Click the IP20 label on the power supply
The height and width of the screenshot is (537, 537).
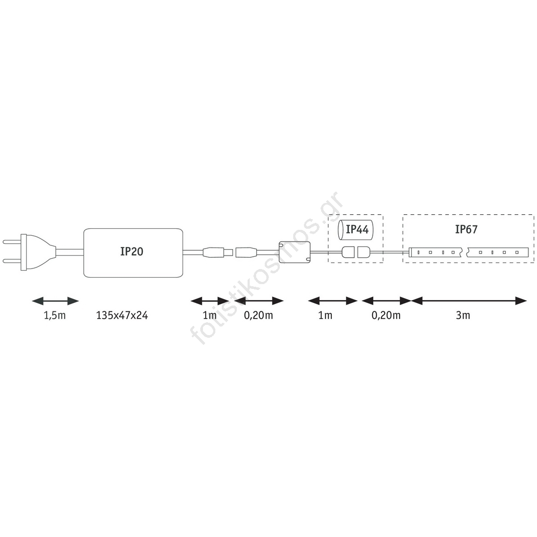coord(132,251)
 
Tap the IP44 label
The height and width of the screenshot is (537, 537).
coord(357,229)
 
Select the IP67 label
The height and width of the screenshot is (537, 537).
coord(466,229)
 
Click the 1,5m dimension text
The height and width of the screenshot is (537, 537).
coord(55,315)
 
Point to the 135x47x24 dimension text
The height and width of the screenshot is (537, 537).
coord(122,315)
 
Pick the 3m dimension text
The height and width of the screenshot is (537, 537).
coord(463,315)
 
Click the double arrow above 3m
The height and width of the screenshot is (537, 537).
coord(468,301)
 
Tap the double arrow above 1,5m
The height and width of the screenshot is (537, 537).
coord(55,301)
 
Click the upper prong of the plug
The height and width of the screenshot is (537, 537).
coord(12,242)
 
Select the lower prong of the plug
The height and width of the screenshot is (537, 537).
coord(12,262)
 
